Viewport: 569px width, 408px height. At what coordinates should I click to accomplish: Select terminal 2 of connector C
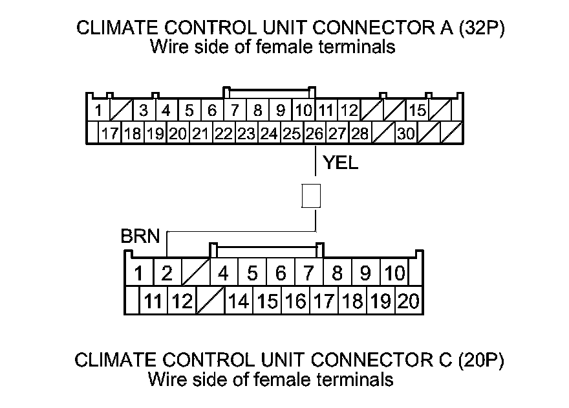167,273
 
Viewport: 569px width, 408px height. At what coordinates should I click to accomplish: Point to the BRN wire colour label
140,236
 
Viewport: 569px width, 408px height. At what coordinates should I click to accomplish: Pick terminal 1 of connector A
98,110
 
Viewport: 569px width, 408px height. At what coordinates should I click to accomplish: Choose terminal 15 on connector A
418,110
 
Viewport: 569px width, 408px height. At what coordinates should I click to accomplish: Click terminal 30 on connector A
405,134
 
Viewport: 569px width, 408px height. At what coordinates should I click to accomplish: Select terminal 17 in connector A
109,134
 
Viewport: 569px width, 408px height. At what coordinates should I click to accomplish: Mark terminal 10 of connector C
394,273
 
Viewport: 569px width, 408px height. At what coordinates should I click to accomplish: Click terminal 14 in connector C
239,301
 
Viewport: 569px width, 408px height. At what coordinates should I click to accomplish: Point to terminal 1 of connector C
138,273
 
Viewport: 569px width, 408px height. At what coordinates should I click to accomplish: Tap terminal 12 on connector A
349,110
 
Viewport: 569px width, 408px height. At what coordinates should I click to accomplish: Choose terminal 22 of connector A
223,134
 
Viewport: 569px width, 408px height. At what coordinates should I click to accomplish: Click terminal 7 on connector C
309,273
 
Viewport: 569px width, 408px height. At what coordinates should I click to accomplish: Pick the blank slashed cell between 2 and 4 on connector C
195,273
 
